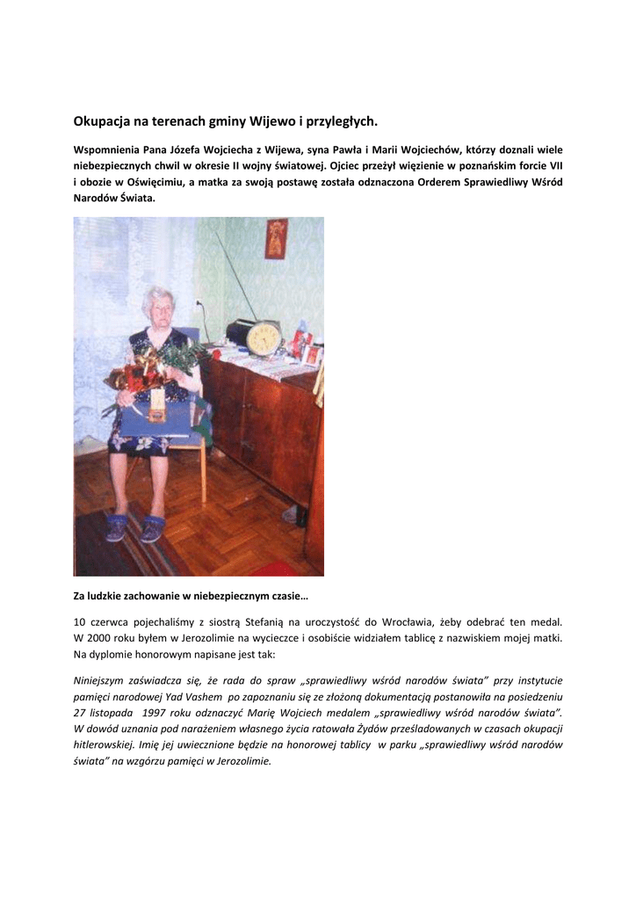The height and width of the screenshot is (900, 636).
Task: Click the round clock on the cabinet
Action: pyautogui.click(x=263, y=337)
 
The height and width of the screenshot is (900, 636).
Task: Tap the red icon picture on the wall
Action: pyautogui.click(x=276, y=238)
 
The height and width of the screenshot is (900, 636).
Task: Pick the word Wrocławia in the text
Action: pyautogui.click(x=406, y=621)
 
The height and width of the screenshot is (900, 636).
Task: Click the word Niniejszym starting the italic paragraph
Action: pyautogui.click(x=101, y=680)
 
